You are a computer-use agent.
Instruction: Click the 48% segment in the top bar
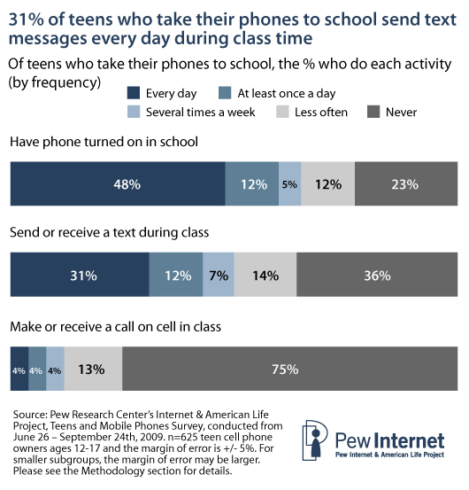point(117,184)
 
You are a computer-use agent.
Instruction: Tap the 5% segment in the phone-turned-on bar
point(290,184)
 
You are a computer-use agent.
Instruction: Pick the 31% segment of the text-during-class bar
point(79,275)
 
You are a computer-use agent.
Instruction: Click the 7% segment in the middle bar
point(219,275)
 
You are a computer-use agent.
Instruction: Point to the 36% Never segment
point(377,275)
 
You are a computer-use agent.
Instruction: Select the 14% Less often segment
point(265,275)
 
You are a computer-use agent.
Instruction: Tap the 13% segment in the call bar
point(93,368)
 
